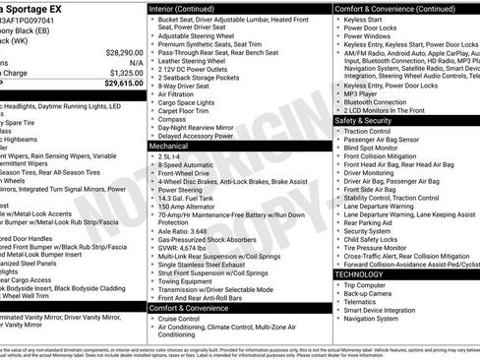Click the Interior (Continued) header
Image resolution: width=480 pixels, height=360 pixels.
click(188, 8)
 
